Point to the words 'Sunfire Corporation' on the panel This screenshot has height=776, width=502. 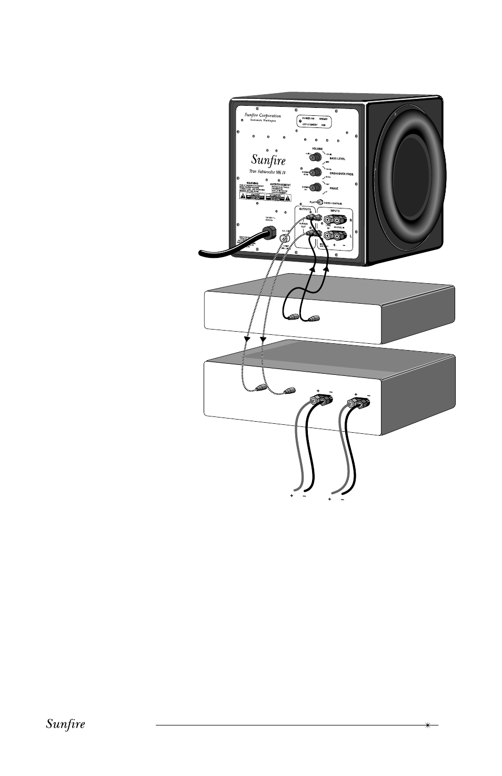click(263, 116)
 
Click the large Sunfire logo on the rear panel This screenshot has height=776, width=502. click(268, 159)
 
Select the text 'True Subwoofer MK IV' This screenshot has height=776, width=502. click(267, 172)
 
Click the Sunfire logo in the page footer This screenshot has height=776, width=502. click(66, 724)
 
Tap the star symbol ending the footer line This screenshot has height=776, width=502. click(428, 725)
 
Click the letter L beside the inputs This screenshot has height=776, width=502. click(350, 236)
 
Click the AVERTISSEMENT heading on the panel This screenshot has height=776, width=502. click(280, 185)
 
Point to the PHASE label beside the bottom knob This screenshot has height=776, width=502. click(334, 188)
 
